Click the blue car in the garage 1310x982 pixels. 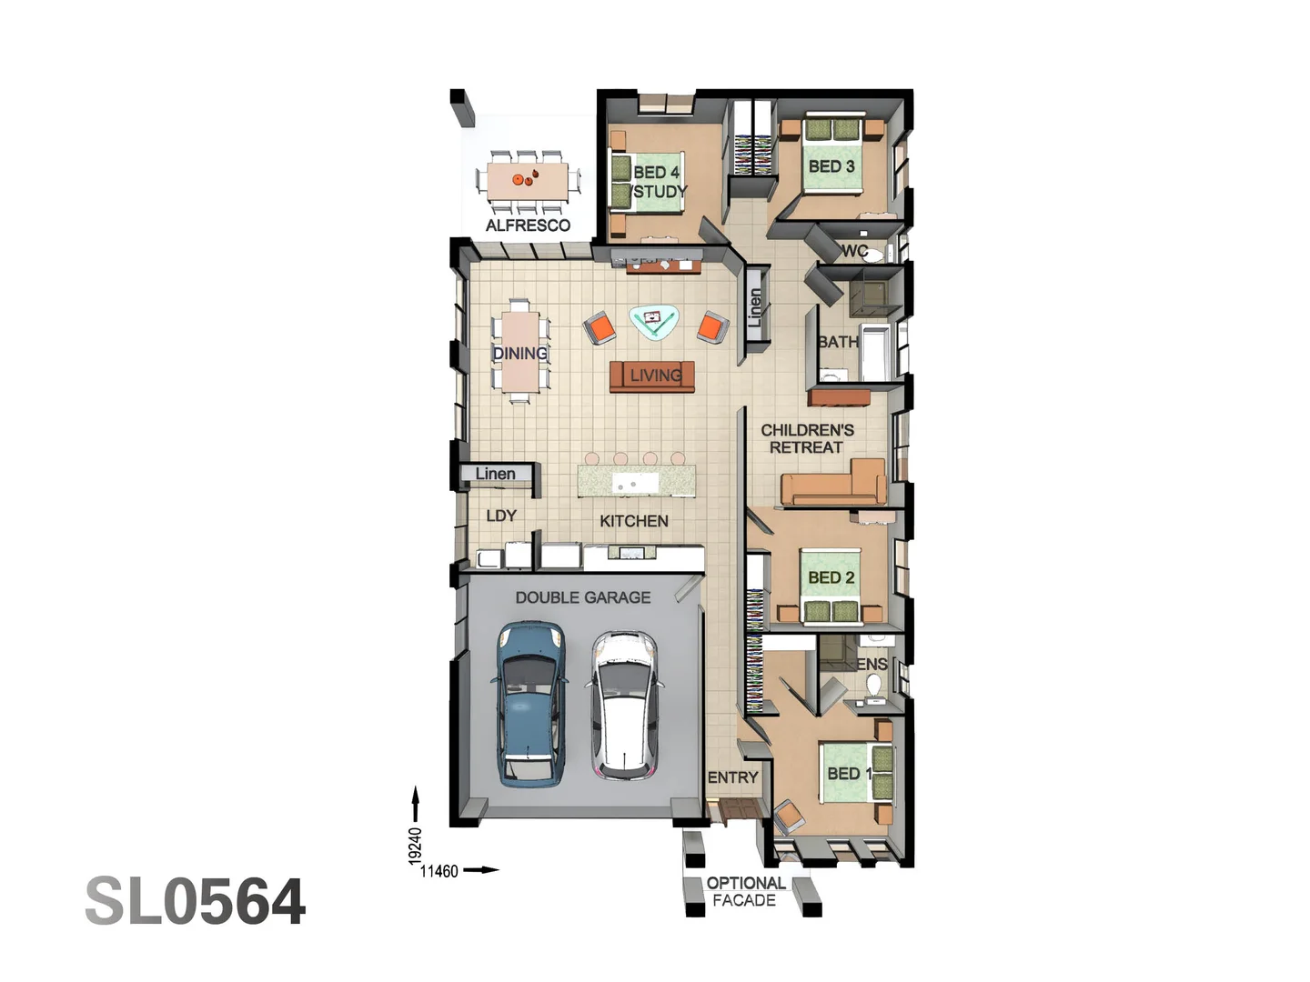click(x=529, y=702)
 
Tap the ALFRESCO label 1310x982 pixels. click(x=528, y=225)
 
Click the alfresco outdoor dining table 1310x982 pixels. click(x=527, y=179)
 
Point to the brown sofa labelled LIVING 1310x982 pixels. click(x=652, y=376)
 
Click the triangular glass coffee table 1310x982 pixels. click(x=653, y=321)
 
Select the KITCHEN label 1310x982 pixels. click(x=633, y=521)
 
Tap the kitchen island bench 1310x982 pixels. click(x=637, y=481)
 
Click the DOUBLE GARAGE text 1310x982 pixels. click(x=583, y=597)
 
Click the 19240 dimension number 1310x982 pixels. click(x=415, y=845)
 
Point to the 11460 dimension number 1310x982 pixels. click(x=438, y=871)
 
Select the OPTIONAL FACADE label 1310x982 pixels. click(x=745, y=892)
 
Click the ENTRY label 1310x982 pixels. click(x=732, y=777)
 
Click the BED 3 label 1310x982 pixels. click(x=831, y=166)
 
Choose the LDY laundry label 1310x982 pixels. click(x=501, y=516)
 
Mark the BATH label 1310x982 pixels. click(x=837, y=342)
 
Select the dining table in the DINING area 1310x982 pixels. click(x=520, y=352)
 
